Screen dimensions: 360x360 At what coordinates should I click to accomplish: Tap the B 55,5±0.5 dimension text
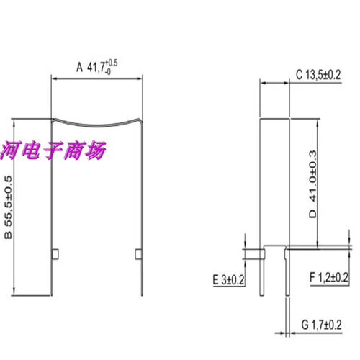(x=8, y=207)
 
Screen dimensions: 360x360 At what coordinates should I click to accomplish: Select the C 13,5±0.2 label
(x=318, y=75)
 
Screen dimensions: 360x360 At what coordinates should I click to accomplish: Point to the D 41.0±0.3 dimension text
(x=312, y=184)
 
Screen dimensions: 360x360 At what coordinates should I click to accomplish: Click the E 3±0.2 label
(x=228, y=280)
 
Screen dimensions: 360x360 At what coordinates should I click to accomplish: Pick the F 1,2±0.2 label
(x=329, y=277)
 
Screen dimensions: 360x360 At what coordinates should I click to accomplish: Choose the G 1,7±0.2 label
(x=321, y=325)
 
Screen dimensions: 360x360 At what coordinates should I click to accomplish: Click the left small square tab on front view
(x=55, y=254)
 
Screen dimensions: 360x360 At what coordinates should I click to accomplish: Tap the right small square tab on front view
(x=138, y=254)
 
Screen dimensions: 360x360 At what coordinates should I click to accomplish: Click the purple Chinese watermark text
(x=53, y=150)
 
